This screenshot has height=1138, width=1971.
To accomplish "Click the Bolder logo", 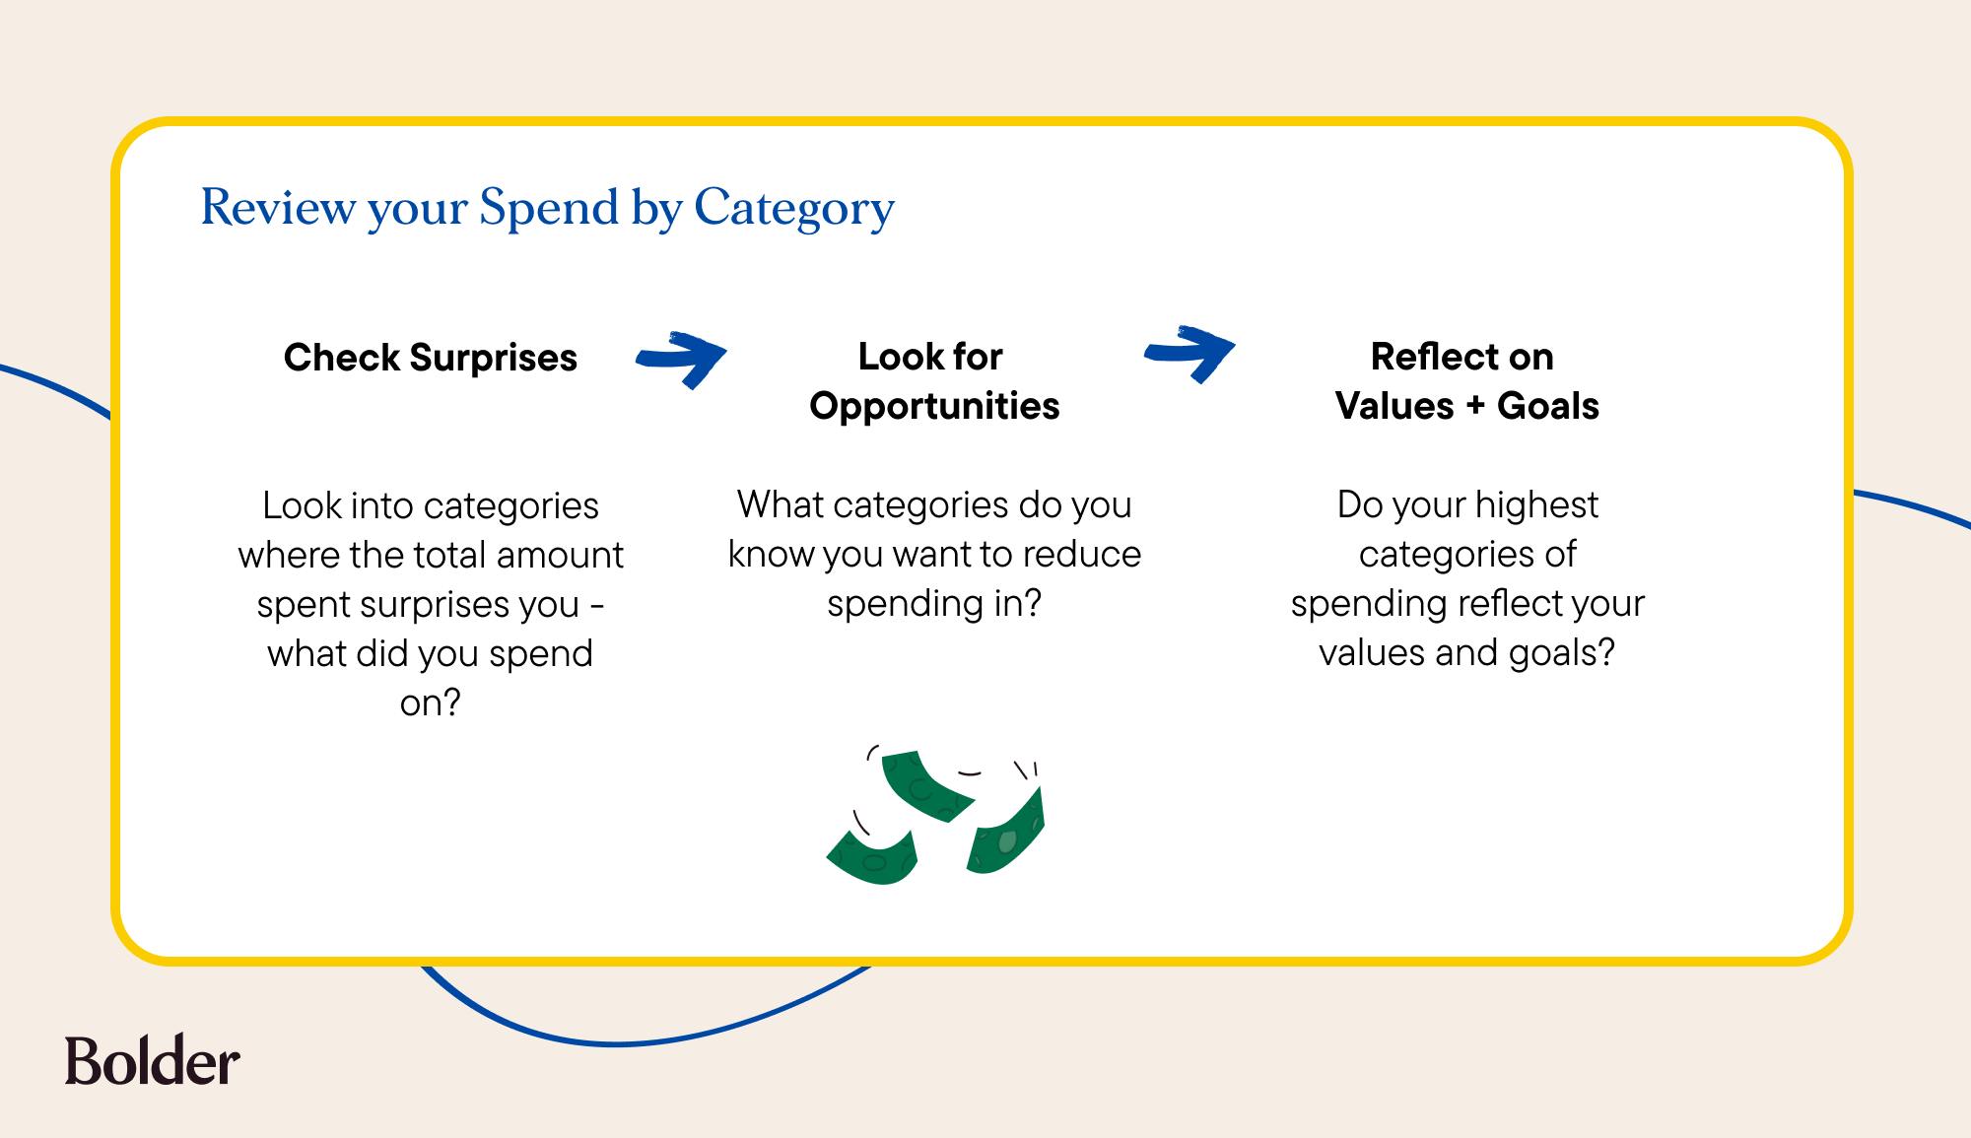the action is tap(153, 1060).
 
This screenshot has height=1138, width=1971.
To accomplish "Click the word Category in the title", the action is tap(794, 210).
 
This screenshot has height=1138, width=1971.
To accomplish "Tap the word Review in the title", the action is tap(278, 207).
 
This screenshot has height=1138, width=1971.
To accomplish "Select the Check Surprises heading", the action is tap(431, 358).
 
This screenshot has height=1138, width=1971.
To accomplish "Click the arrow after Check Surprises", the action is tap(681, 358).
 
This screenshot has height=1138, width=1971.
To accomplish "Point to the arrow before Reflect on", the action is tap(1189, 352).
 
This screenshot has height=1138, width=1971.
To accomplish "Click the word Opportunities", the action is tap(934, 407).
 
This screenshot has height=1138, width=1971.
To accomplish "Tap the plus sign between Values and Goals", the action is tap(1475, 406).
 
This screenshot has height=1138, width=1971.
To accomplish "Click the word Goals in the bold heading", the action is tap(1548, 406).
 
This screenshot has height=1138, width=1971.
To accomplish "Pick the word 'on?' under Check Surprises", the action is tap(431, 703).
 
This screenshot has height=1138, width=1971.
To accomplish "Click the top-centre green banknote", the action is tap(927, 785).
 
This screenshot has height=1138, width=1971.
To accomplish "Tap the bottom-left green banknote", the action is tap(873, 856).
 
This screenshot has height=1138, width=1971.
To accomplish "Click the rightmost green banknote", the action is tap(1005, 830).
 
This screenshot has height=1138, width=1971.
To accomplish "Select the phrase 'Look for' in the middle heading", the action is tap(930, 357).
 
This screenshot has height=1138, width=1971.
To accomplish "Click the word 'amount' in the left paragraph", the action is tap(560, 555).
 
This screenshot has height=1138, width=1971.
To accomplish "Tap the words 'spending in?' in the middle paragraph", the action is tap(934, 604).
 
